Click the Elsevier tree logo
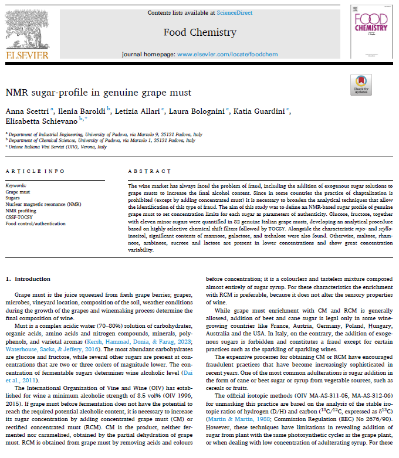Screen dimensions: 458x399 click(x=27, y=26)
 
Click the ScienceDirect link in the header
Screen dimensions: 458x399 click(x=234, y=12)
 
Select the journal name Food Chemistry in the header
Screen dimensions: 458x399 click(x=199, y=32)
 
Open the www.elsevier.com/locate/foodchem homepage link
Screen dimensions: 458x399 click(x=228, y=54)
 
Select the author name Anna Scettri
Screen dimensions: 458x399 click(x=28, y=111)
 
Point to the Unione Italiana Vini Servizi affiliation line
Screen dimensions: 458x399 click(x=57, y=147)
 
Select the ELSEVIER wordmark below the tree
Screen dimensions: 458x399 click(x=27, y=56)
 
